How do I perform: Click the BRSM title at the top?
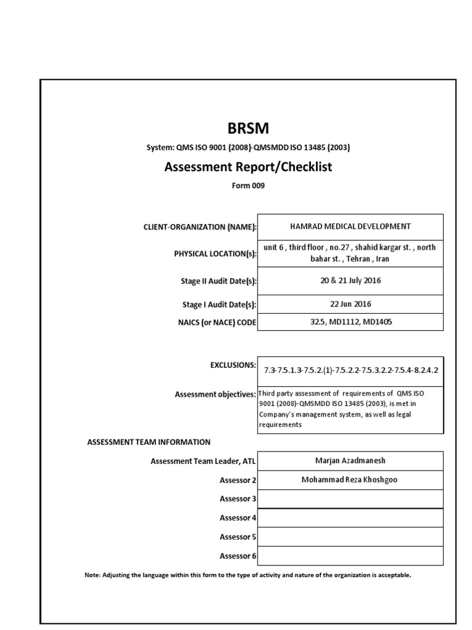(248, 129)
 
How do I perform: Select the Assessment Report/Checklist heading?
(248, 167)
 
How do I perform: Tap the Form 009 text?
(248, 186)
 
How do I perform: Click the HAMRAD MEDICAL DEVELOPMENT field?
(350, 226)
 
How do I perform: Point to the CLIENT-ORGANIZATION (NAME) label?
(200, 227)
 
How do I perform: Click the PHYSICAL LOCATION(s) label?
(215, 253)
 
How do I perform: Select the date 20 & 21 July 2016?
(350, 281)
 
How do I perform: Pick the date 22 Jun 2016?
(350, 304)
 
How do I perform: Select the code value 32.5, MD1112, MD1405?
(350, 322)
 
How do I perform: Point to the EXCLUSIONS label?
(233, 365)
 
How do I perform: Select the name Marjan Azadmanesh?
(350, 461)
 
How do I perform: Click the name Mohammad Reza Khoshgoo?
(350, 480)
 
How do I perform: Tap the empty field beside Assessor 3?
(350, 499)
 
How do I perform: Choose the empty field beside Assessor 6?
(350, 556)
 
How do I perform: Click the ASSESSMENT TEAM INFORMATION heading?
(149, 442)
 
